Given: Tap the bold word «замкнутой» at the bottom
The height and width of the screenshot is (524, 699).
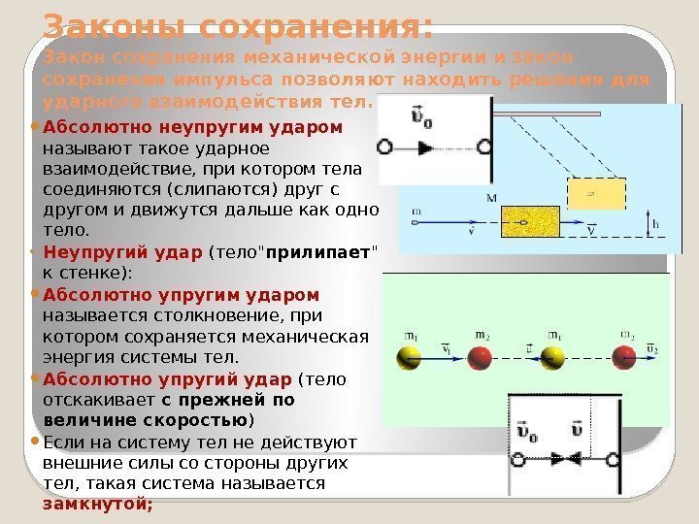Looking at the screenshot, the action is (x=96, y=504).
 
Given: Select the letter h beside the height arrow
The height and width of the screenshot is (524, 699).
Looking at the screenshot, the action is (x=655, y=224).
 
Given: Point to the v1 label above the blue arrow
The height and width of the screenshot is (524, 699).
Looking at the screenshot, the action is (x=446, y=349).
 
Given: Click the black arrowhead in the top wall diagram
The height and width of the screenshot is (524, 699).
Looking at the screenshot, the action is (x=424, y=147).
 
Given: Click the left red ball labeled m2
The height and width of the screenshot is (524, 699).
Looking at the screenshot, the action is (x=480, y=360).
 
